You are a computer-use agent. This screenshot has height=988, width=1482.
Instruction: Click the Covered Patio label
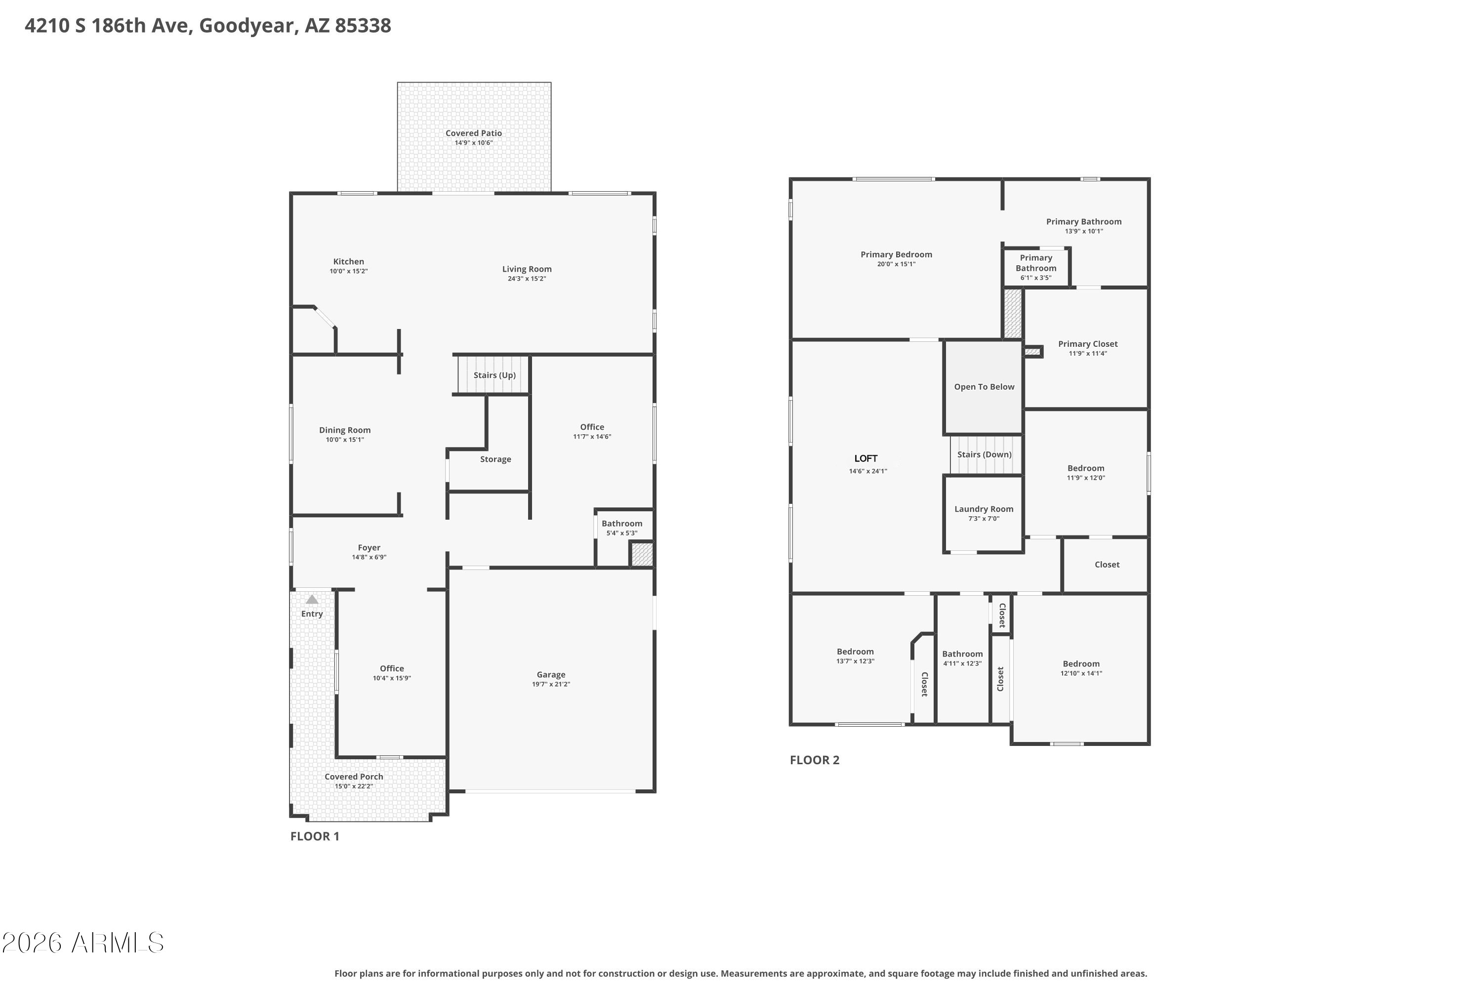[x=474, y=133]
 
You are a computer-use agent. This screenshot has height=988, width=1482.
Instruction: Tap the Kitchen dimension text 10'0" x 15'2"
[x=348, y=271]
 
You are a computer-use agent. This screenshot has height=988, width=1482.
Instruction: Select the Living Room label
[x=527, y=269]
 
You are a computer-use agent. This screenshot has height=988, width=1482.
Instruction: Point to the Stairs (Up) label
[x=494, y=375]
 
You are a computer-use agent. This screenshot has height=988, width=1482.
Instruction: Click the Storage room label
[x=495, y=459]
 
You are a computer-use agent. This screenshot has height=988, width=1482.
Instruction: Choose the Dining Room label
[x=345, y=430]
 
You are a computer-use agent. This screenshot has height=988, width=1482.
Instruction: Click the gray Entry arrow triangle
[x=312, y=599]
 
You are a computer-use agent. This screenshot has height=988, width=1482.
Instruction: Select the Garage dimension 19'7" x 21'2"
[x=551, y=684]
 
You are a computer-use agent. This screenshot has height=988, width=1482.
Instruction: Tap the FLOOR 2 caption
[x=815, y=760]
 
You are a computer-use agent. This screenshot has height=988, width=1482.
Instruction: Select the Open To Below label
[x=984, y=387]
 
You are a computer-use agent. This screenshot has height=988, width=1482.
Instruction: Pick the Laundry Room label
[x=984, y=509]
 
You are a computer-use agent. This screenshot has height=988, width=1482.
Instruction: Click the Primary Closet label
[x=1088, y=344]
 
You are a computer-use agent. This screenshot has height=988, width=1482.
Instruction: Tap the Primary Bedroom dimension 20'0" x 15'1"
[x=896, y=264]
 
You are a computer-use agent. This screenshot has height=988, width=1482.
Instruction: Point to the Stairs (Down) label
[x=984, y=454]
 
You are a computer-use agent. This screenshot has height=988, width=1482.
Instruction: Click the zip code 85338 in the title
[x=363, y=25]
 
